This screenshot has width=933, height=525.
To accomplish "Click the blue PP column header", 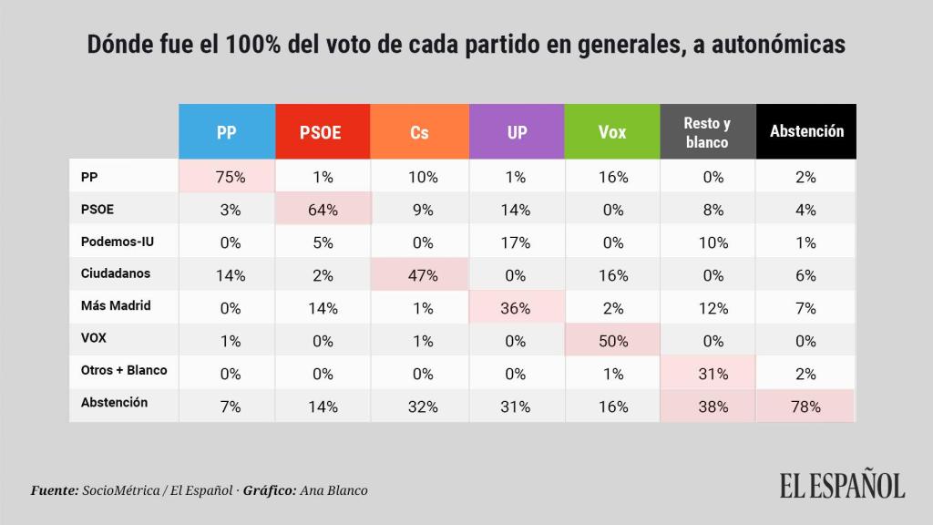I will [226, 132].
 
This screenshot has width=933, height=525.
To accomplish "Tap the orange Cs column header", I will [419, 132].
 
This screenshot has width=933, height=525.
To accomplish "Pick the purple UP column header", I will [517, 132].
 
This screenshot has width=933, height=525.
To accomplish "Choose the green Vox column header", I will [612, 132].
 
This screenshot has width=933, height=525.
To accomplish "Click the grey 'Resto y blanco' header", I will [707, 132].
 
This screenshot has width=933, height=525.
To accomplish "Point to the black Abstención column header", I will [806, 132].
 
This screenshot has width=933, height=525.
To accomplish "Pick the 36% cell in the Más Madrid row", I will [517, 308].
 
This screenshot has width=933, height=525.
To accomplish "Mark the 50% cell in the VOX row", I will [612, 341].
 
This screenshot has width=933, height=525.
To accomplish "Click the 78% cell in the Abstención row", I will [806, 407].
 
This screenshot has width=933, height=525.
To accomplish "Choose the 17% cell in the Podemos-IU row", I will [517, 242].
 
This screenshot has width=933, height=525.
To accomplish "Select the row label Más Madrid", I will [115, 306].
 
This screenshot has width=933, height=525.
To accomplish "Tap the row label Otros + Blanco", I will [123, 372].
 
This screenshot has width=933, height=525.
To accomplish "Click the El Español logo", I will [841, 485].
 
